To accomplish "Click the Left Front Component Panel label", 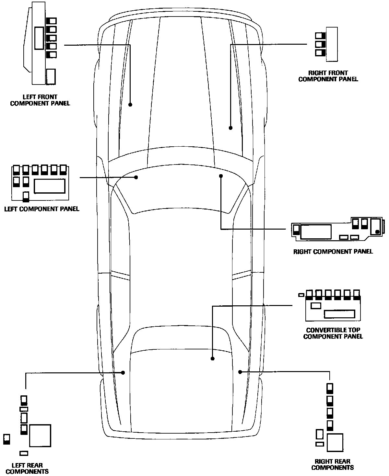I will click(40, 100).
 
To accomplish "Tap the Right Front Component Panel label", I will click(328, 76).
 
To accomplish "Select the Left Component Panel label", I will click(41, 209).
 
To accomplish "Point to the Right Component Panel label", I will click(333, 251).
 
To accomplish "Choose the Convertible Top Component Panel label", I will click(333, 333).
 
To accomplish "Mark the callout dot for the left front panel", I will click(130, 105).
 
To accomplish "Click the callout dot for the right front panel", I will click(230, 128).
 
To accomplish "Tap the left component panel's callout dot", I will click(136, 177).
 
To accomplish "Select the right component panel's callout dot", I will click(221, 176).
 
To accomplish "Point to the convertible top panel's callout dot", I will click(213, 358).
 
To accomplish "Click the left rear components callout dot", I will click(123, 372).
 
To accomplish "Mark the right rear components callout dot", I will click(240, 372).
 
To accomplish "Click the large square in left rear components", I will click(40, 436).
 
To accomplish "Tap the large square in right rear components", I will click(335, 442).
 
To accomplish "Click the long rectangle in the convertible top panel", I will click(340, 314).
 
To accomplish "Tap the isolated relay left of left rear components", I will click(6, 439).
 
